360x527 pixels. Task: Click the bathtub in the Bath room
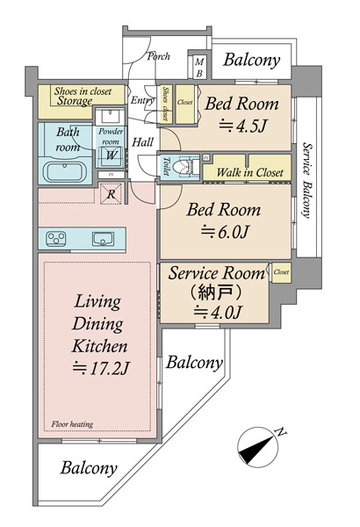tap(65, 172)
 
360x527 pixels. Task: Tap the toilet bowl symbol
tap(186, 166)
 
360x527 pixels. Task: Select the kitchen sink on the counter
tap(103, 239)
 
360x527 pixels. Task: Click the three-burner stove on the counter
tap(55, 239)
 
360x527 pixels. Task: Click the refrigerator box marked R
tap(112, 193)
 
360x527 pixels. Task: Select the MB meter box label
tap(199, 68)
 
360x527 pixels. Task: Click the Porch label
tap(158, 56)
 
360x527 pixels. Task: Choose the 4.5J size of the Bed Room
tap(242, 126)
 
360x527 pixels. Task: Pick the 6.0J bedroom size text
tap(225, 232)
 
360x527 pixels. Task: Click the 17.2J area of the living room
tap(101, 368)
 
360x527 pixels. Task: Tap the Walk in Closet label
tap(250, 172)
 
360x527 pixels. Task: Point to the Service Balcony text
tap(307, 180)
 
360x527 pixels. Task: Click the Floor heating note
tap(72, 424)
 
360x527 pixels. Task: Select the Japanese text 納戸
tap(215, 292)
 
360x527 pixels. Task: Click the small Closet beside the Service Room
tap(281, 272)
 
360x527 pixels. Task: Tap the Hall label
tap(142, 142)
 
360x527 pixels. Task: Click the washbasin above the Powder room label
tap(111, 117)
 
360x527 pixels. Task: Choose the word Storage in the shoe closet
tap(75, 101)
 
